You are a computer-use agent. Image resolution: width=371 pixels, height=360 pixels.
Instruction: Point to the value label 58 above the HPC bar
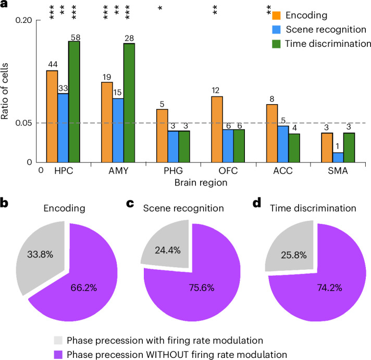click(74, 36)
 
